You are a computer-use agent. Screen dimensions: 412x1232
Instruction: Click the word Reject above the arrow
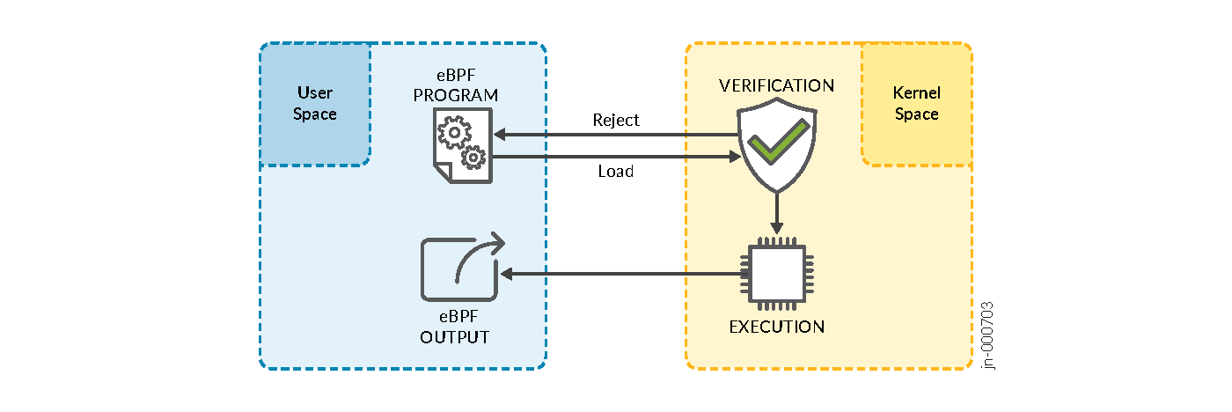616,120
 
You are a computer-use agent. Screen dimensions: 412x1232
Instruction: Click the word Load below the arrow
616,172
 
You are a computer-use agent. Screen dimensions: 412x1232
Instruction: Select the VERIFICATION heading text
776,85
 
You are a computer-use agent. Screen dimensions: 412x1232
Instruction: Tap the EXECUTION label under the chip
776,327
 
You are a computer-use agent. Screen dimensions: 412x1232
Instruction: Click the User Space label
315,103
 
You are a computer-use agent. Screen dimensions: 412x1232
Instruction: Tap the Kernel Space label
916,103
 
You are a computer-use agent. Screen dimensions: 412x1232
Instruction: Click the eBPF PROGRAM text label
456,86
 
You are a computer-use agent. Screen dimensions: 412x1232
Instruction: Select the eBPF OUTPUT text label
454,328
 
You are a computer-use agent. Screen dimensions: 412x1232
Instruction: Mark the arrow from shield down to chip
776,213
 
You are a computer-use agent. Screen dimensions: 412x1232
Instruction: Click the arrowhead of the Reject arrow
500,136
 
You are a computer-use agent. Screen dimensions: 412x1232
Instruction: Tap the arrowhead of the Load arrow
735,157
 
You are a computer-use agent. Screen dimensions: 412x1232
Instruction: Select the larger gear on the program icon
453,134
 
